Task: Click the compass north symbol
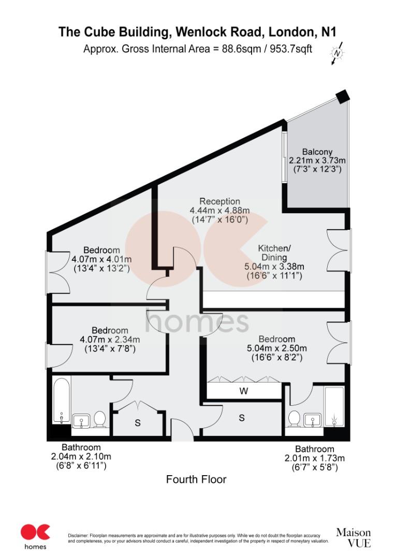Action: [338, 53]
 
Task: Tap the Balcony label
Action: [314, 152]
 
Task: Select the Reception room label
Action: [220, 201]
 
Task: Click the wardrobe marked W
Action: [244, 391]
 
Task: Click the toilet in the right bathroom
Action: [295, 418]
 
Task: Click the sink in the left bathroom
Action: [81, 420]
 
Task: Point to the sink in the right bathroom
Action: [313, 419]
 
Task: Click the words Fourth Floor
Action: [196, 480]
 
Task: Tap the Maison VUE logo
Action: [353, 537]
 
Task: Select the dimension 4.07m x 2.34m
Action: [109, 340]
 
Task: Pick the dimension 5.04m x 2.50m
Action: [277, 348]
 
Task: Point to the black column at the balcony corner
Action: [343, 97]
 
